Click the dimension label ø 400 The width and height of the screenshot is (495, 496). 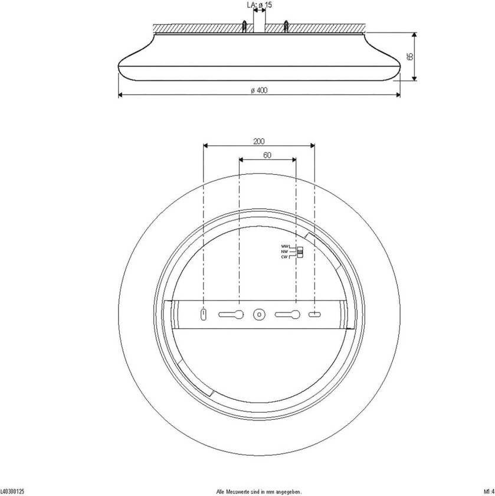259,90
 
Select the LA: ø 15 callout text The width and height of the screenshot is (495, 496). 258,5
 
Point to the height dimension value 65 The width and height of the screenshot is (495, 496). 409,57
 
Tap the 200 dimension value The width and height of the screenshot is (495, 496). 258,141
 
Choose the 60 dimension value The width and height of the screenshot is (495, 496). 267,155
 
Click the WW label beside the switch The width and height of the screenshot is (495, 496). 284,246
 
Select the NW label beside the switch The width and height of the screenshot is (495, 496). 284,252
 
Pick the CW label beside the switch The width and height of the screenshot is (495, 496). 284,257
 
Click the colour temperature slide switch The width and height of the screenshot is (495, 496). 299,252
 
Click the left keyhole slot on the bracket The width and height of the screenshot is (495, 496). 231,315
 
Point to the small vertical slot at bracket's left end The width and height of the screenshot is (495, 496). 204,315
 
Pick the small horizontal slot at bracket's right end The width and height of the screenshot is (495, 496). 314,315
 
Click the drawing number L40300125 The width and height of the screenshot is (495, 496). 12,491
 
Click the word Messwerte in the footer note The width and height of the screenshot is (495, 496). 239,491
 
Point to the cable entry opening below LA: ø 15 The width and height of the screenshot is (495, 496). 258,24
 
